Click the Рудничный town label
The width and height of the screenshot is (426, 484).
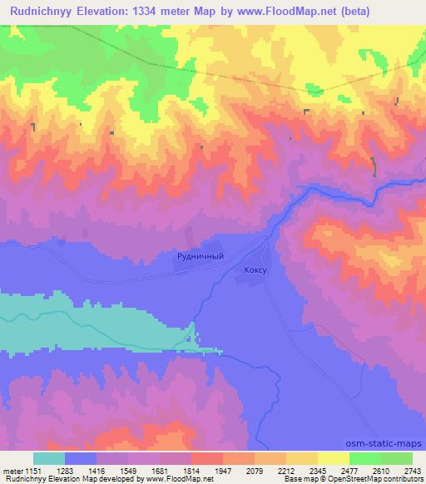pyautogui.click(x=201, y=257)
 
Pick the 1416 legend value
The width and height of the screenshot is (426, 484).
pyautogui.click(x=96, y=471)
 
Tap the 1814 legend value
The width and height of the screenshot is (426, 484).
pyautogui.click(x=191, y=471)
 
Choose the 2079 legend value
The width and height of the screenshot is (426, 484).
pyautogui.click(x=254, y=471)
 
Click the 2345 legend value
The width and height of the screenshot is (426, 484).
pyautogui.click(x=317, y=471)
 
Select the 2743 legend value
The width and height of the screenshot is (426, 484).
pyautogui.click(x=412, y=471)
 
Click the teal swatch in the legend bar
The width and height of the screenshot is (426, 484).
pyautogui.click(x=49, y=458)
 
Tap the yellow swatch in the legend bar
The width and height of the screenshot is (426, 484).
pyautogui.click(x=334, y=458)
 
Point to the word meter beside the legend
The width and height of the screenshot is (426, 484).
pyautogui.click(x=12, y=471)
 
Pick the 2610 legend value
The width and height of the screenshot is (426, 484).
pyautogui.click(x=380, y=471)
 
